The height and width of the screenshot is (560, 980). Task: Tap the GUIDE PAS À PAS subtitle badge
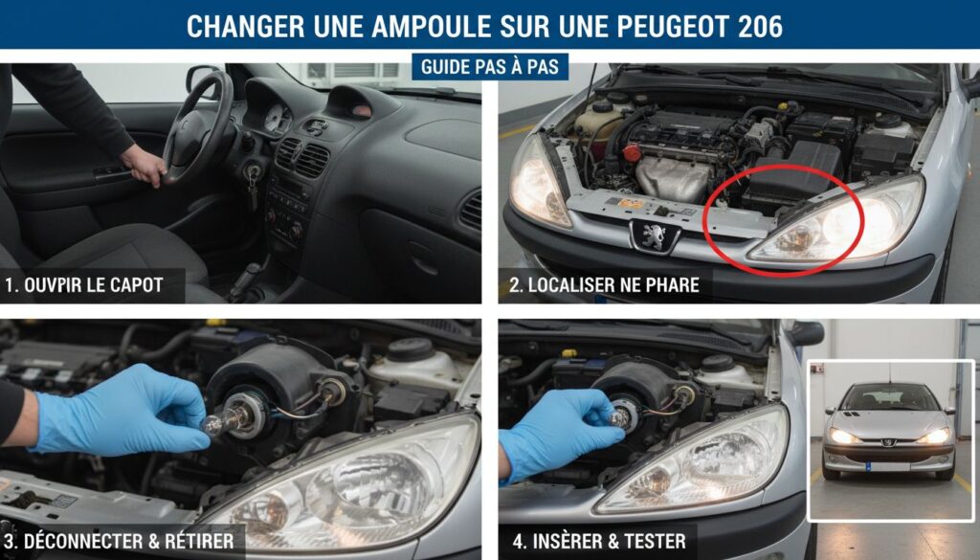[x=490, y=67]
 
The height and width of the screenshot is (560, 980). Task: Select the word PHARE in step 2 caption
[x=670, y=284]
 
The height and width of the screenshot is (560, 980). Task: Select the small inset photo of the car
[x=890, y=439]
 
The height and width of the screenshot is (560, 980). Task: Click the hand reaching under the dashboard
[x=144, y=166]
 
